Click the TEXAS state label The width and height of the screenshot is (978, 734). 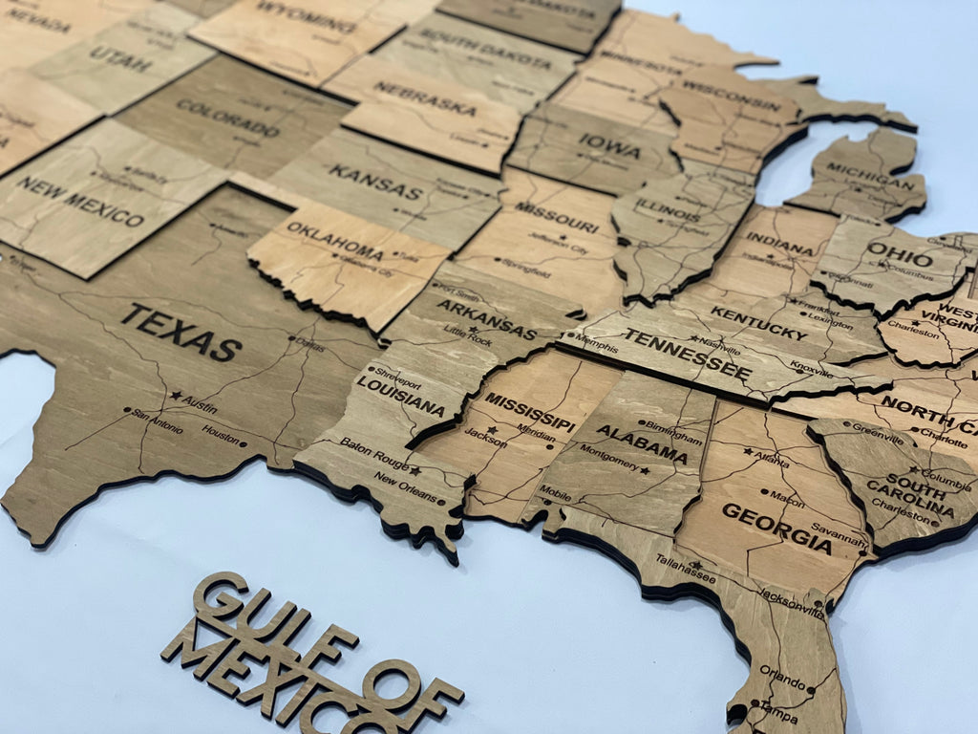coord(181,332)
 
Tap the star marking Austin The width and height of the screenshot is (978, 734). coord(176,395)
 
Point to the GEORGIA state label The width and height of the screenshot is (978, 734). coord(776,528)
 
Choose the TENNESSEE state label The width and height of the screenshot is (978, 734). coord(686,351)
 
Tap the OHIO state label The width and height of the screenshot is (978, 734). coord(899,255)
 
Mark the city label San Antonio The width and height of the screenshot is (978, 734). coord(159,421)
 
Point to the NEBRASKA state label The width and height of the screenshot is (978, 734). coord(424,97)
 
